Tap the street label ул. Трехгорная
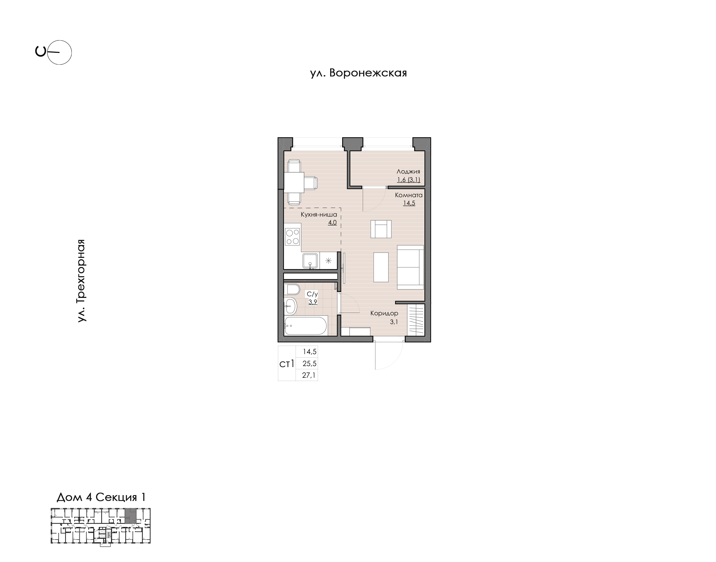coord(81,280)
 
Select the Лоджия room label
coord(408,171)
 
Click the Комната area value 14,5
coord(409,203)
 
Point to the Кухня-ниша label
coord(319,215)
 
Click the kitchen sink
coord(310,261)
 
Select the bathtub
coord(306,326)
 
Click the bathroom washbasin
coord(290,306)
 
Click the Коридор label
coord(384,313)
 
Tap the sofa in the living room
coord(410,267)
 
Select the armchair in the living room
coord(381,229)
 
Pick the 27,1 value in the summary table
coord(309,375)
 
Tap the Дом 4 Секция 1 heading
coord(101,497)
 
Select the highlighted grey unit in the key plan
coord(131,516)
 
